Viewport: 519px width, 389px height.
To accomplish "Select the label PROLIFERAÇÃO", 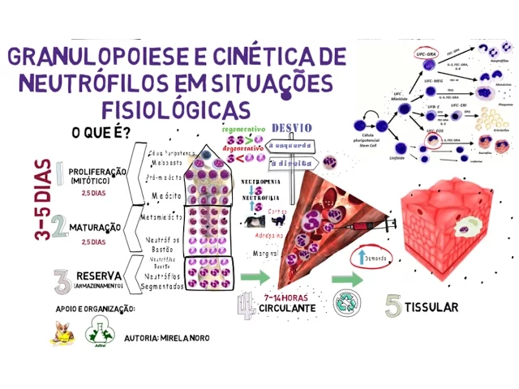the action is [x=96, y=172].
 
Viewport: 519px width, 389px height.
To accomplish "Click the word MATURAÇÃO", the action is [x=95, y=228].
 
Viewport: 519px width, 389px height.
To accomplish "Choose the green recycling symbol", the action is [x=348, y=303].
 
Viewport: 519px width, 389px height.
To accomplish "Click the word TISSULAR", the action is [x=433, y=307].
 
